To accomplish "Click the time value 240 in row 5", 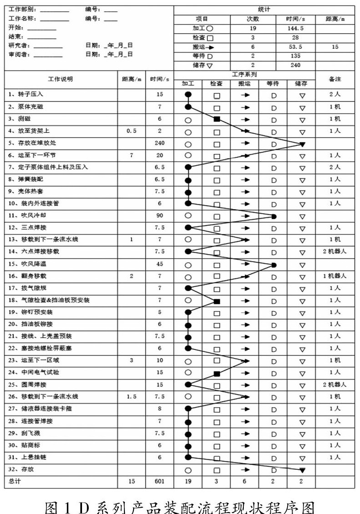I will pyautogui.click(x=159, y=143).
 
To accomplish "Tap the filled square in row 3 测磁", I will pyautogui.click(x=217, y=119).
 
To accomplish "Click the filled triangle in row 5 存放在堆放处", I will pyautogui.click(x=302, y=144).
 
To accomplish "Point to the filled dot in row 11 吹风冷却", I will pyautogui.click(x=274, y=216).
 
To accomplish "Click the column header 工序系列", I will pyautogui.click(x=244, y=74).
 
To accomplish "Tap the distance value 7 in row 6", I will pyautogui.click(x=131, y=155).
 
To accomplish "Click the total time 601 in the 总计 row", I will pyautogui.click(x=159, y=481).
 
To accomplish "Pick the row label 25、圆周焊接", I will pyautogui.click(x=28, y=384).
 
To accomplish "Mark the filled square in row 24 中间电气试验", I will pyautogui.click(x=217, y=374).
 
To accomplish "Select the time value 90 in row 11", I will pyautogui.click(x=159, y=215).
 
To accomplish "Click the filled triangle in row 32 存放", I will pyautogui.click(x=302, y=470).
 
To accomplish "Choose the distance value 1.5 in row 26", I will pyautogui.click(x=131, y=396).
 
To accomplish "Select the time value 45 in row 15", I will pyautogui.click(x=159, y=264).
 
